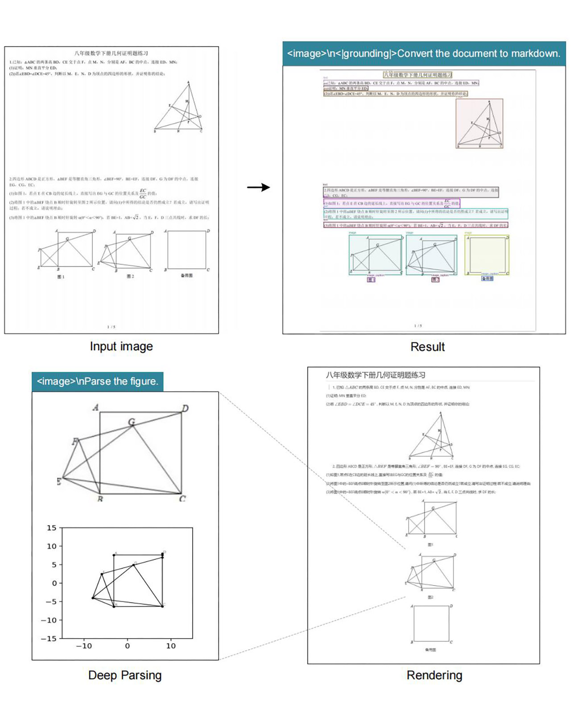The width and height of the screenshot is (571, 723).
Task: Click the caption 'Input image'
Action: pyautogui.click(x=121, y=347)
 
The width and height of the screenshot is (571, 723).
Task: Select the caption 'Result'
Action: pyautogui.click(x=427, y=347)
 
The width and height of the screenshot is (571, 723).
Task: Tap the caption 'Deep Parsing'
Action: pyautogui.click(x=125, y=675)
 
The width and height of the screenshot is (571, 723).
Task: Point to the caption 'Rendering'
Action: pyautogui.click(x=434, y=675)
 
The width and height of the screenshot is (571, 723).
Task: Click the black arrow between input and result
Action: pyautogui.click(x=259, y=187)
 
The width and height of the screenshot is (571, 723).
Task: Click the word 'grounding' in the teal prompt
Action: pyautogui.click(x=366, y=54)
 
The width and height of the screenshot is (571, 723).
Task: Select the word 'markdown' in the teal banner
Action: pyautogui.click(x=535, y=54)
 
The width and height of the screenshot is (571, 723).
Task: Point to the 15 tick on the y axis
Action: pyautogui.click(x=52, y=528)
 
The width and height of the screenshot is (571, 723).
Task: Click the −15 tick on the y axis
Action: pyautogui.click(x=49, y=639)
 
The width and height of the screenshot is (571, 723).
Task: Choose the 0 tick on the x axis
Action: pyautogui.click(x=127, y=646)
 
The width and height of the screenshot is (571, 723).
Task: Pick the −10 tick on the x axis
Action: pyautogui.click(x=83, y=646)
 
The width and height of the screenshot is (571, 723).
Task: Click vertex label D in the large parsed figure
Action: pyautogui.click(x=185, y=408)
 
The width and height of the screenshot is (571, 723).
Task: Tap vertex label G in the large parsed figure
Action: pyautogui.click(x=131, y=421)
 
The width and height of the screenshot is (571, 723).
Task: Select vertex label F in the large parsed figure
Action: pyautogui.click(x=75, y=442)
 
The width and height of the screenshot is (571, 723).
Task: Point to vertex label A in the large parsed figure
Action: pyautogui.click(x=95, y=407)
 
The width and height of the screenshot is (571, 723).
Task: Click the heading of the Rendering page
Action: pyautogui.click(x=375, y=375)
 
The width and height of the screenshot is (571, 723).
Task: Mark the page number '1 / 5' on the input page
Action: pyautogui.click(x=111, y=327)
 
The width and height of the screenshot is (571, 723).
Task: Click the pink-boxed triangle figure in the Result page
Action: pyautogui.click(x=480, y=124)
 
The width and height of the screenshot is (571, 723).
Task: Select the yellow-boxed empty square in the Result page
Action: pyautogui.click(x=487, y=255)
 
